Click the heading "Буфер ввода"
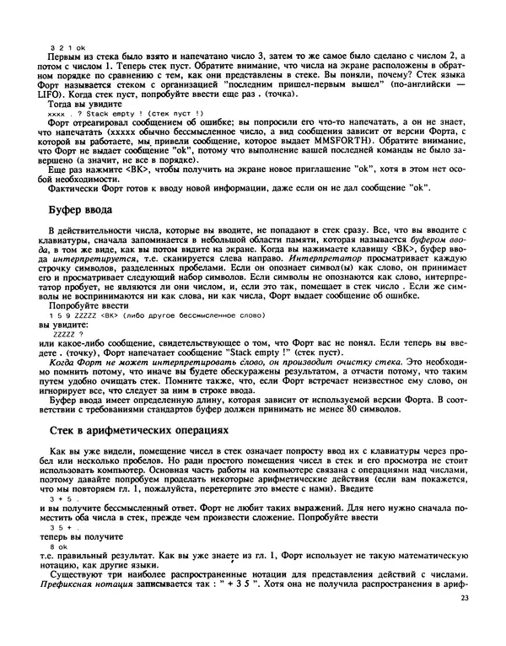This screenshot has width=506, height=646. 82,209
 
